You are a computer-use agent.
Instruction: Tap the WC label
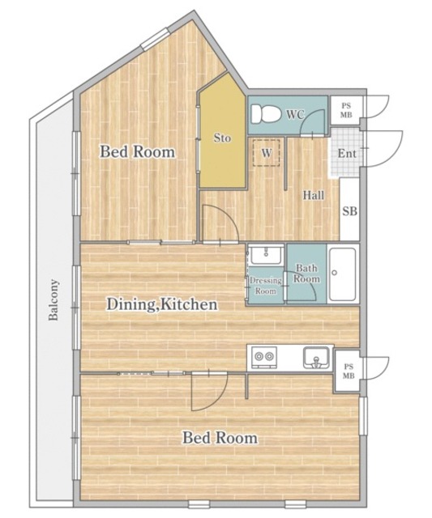pos(295,115)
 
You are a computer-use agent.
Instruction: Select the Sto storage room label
pos(222,138)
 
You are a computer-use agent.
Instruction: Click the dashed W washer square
pos(267,153)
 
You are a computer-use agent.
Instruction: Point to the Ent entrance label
pos(347,153)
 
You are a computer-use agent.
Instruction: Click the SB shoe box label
pos(349,210)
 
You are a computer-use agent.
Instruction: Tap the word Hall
pos(314,195)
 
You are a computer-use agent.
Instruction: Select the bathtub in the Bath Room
pos(343,274)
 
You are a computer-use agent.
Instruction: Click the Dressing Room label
pos(266,286)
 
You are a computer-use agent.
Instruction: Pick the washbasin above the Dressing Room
pos(266,255)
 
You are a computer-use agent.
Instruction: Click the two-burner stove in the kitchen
pos(264,357)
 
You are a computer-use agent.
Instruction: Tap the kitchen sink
pos(316,358)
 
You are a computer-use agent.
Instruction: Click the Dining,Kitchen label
pos(162,304)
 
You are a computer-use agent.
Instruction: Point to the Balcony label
pos(53,300)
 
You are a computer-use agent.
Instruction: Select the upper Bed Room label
pos(137,152)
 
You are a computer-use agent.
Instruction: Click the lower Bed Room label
pos(220,438)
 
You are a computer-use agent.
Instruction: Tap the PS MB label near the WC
pos(347,110)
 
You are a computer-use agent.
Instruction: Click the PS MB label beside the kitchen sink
pos(349,371)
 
